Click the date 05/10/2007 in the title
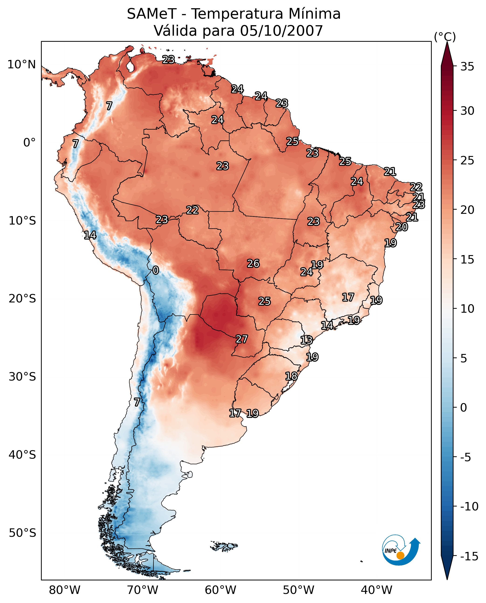[x=281, y=31]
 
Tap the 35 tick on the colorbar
[x=467, y=67]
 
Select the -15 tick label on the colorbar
[x=469, y=556]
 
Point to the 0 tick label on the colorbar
[x=464, y=408]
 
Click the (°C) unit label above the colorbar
[x=445, y=37]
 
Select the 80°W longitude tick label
[x=65, y=589]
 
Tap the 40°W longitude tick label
[x=376, y=589]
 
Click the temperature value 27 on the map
[x=242, y=339]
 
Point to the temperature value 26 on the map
[x=253, y=263]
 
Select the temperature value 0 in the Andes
[x=156, y=270]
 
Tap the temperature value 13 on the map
[x=306, y=340]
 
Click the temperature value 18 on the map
[x=291, y=376]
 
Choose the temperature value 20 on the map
[x=401, y=227]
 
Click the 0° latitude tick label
[x=29, y=143]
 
